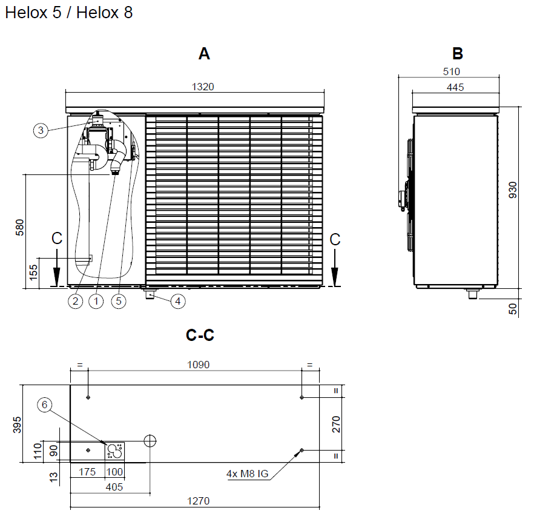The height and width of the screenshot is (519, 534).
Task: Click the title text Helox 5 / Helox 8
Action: (69, 13)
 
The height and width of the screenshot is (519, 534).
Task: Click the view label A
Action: (204, 54)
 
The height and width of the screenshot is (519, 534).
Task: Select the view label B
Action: (457, 54)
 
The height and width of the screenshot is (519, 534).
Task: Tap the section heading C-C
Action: (200, 335)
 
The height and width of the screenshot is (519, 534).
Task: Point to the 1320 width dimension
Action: (203, 87)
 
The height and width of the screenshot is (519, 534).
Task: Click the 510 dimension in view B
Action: (452, 71)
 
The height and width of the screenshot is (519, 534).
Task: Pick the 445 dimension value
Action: (455, 87)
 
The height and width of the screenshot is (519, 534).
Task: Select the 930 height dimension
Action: (513, 190)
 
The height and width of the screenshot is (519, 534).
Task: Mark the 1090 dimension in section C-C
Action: (196, 365)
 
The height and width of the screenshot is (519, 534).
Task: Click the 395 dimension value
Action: (17, 424)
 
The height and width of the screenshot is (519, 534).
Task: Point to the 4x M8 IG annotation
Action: (246, 474)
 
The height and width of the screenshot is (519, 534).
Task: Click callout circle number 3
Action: (41, 130)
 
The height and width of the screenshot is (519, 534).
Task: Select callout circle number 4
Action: (177, 300)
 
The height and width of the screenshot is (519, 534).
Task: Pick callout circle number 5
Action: (119, 300)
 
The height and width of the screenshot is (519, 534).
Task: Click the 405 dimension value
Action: (114, 487)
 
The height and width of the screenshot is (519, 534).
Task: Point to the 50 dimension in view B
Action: (513, 308)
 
